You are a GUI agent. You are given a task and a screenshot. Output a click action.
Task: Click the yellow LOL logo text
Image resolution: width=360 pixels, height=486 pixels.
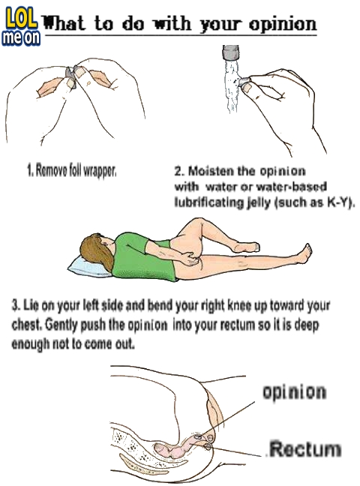(x=21, y=19)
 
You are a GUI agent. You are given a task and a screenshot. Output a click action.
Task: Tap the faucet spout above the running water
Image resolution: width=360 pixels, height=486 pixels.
(x=231, y=52)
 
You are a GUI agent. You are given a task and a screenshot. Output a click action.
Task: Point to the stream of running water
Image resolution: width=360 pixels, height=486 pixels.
(x=232, y=86)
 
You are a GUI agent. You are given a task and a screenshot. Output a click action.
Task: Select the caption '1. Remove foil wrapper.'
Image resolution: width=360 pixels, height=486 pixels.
(x=72, y=170)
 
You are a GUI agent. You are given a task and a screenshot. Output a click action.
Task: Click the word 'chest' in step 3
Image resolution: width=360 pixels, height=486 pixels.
(x=27, y=325)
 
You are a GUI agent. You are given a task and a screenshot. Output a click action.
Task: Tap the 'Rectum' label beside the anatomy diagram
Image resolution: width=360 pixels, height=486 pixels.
(x=304, y=449)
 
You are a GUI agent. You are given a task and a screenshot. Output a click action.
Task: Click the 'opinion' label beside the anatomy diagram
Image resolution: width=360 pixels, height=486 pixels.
(x=294, y=392)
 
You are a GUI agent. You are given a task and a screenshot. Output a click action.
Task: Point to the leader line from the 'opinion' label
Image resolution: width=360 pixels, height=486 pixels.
(x=226, y=419)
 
